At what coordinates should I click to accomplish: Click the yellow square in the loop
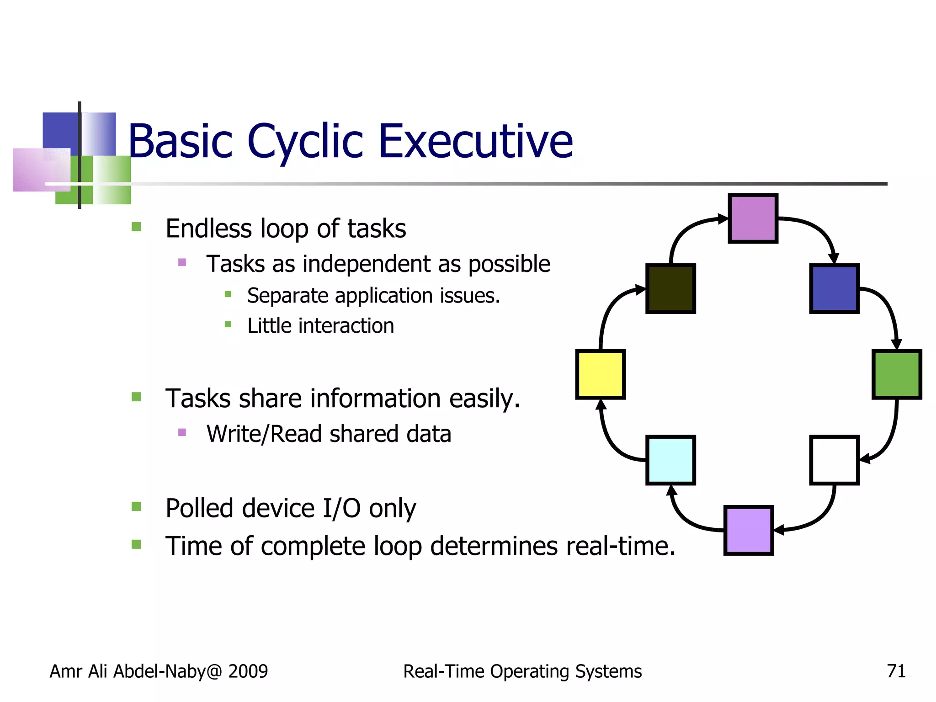click(x=600, y=374)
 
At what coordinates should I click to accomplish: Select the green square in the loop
click(x=896, y=374)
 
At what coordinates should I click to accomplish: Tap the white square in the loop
click(x=834, y=460)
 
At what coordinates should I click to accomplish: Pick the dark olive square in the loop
click(x=670, y=288)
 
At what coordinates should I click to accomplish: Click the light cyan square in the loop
click(x=670, y=460)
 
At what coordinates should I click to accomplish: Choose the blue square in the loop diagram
click(x=834, y=288)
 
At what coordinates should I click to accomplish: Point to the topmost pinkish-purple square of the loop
click(x=753, y=218)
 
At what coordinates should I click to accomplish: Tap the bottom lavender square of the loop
click(x=749, y=530)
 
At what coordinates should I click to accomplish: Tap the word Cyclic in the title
click(x=305, y=142)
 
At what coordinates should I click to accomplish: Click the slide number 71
click(x=896, y=671)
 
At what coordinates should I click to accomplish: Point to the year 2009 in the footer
click(x=248, y=671)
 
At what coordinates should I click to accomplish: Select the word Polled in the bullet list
click(x=200, y=508)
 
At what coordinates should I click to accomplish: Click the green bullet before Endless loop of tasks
click(x=136, y=227)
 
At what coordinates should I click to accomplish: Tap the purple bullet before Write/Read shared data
click(x=182, y=432)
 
